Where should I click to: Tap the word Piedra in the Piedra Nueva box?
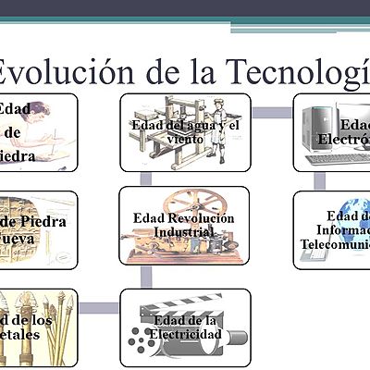[55, 221]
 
